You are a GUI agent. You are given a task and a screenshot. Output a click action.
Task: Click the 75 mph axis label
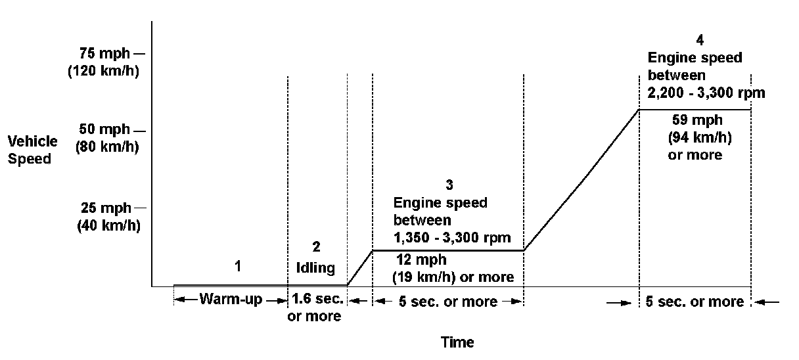pos(104,54)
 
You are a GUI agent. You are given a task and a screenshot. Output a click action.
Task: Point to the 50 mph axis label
pos(104,129)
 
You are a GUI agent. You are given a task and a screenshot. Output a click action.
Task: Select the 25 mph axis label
pos(104,208)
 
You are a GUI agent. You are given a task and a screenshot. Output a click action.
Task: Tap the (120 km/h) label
pos(103,71)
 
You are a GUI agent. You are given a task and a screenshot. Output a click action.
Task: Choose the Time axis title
pos(457,342)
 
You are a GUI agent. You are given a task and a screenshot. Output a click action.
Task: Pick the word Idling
pos(317,267)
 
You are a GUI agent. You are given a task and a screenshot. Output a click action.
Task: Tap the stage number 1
pos(238,266)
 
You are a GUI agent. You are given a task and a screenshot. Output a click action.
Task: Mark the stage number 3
pos(449,185)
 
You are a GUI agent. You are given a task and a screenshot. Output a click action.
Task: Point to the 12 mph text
pos(421,260)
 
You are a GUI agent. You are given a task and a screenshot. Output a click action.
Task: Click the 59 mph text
pos(697,120)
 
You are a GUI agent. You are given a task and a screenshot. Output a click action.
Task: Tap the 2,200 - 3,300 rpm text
pos(706,93)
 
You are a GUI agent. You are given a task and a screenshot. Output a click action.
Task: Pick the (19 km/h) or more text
pos(453,277)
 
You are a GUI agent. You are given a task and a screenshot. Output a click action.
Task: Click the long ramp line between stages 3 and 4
pos(582,179)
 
